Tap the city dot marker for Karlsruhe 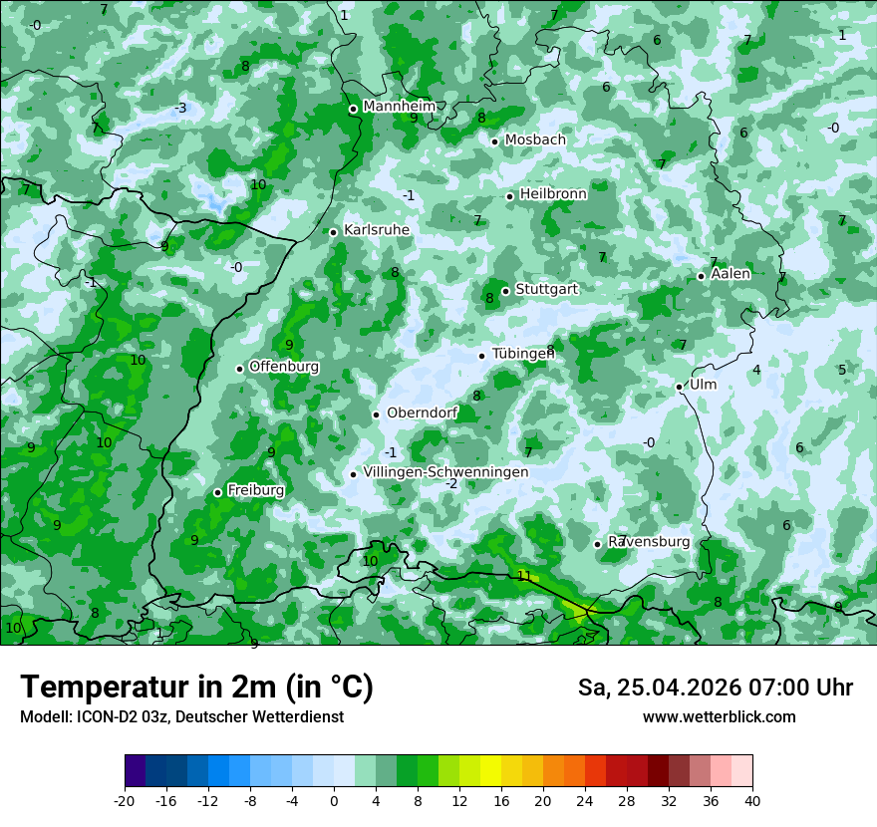click(x=334, y=232)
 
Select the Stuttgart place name click(x=546, y=289)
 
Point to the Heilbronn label click(x=553, y=193)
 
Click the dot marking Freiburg click(x=217, y=492)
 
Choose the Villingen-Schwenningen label click(x=445, y=471)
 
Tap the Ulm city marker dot click(x=680, y=387)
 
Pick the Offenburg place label click(x=284, y=367)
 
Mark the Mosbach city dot click(x=494, y=141)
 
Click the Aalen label click(x=731, y=274)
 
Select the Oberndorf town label click(x=422, y=413)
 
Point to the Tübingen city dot click(x=482, y=356)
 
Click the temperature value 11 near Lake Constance click(x=524, y=576)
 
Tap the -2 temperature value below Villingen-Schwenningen click(x=451, y=484)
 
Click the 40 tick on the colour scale click(x=751, y=800)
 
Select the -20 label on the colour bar click(x=125, y=800)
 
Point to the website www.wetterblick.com click(x=719, y=716)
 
